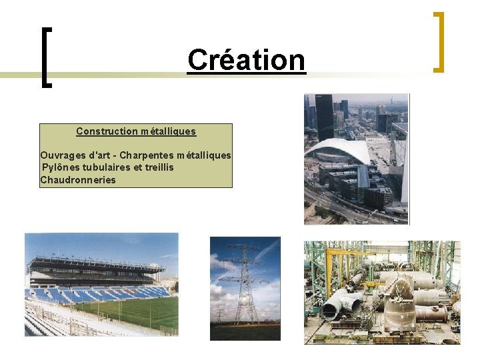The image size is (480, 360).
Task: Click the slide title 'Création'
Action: click(246, 60)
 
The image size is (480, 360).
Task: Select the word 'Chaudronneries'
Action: click(78, 180)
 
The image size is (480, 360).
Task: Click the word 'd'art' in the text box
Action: click(98, 155)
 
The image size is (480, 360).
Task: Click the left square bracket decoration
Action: click(45, 57)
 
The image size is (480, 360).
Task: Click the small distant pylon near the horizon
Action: click(219, 313)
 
